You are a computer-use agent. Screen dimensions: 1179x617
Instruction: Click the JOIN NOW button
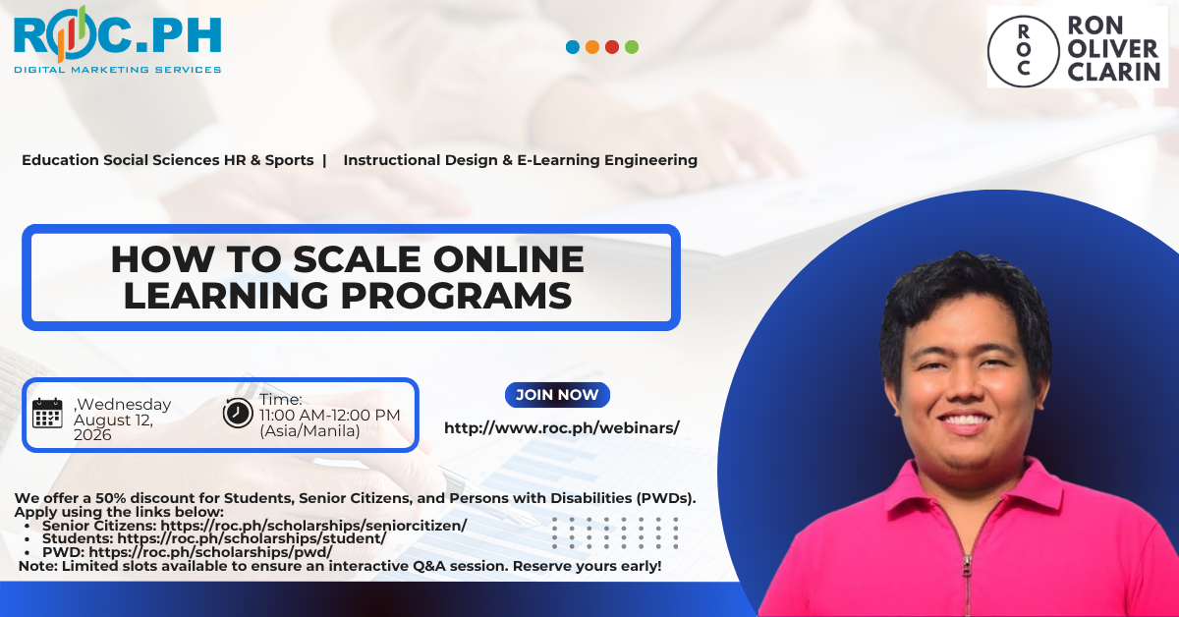557,395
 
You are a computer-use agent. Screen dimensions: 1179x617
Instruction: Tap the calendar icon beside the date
47,413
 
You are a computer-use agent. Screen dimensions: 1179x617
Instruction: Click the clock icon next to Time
238,413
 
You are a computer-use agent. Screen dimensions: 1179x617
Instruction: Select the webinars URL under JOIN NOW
562,428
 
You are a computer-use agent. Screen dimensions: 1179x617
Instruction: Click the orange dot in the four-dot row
592,47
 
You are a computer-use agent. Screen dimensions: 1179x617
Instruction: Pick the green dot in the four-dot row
632,47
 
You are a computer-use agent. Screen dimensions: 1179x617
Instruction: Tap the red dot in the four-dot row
612,47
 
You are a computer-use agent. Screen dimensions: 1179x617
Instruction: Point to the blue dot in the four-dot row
573,47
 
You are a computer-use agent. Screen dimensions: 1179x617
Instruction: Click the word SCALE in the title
357,259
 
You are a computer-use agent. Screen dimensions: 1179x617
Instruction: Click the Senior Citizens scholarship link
313,526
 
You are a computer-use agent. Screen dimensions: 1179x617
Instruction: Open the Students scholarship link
252,538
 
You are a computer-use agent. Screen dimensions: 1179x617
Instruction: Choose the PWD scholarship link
210,552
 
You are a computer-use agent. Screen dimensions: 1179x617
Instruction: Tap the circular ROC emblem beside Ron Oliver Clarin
1023,51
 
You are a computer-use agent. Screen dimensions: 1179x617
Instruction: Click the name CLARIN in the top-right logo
1114,72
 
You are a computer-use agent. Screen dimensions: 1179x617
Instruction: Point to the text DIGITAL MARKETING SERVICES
117,70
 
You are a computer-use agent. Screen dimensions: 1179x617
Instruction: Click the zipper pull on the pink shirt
967,572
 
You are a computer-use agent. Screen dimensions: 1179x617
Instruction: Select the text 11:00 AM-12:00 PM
330,416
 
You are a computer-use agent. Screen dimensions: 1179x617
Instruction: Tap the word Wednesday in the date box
124,405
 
